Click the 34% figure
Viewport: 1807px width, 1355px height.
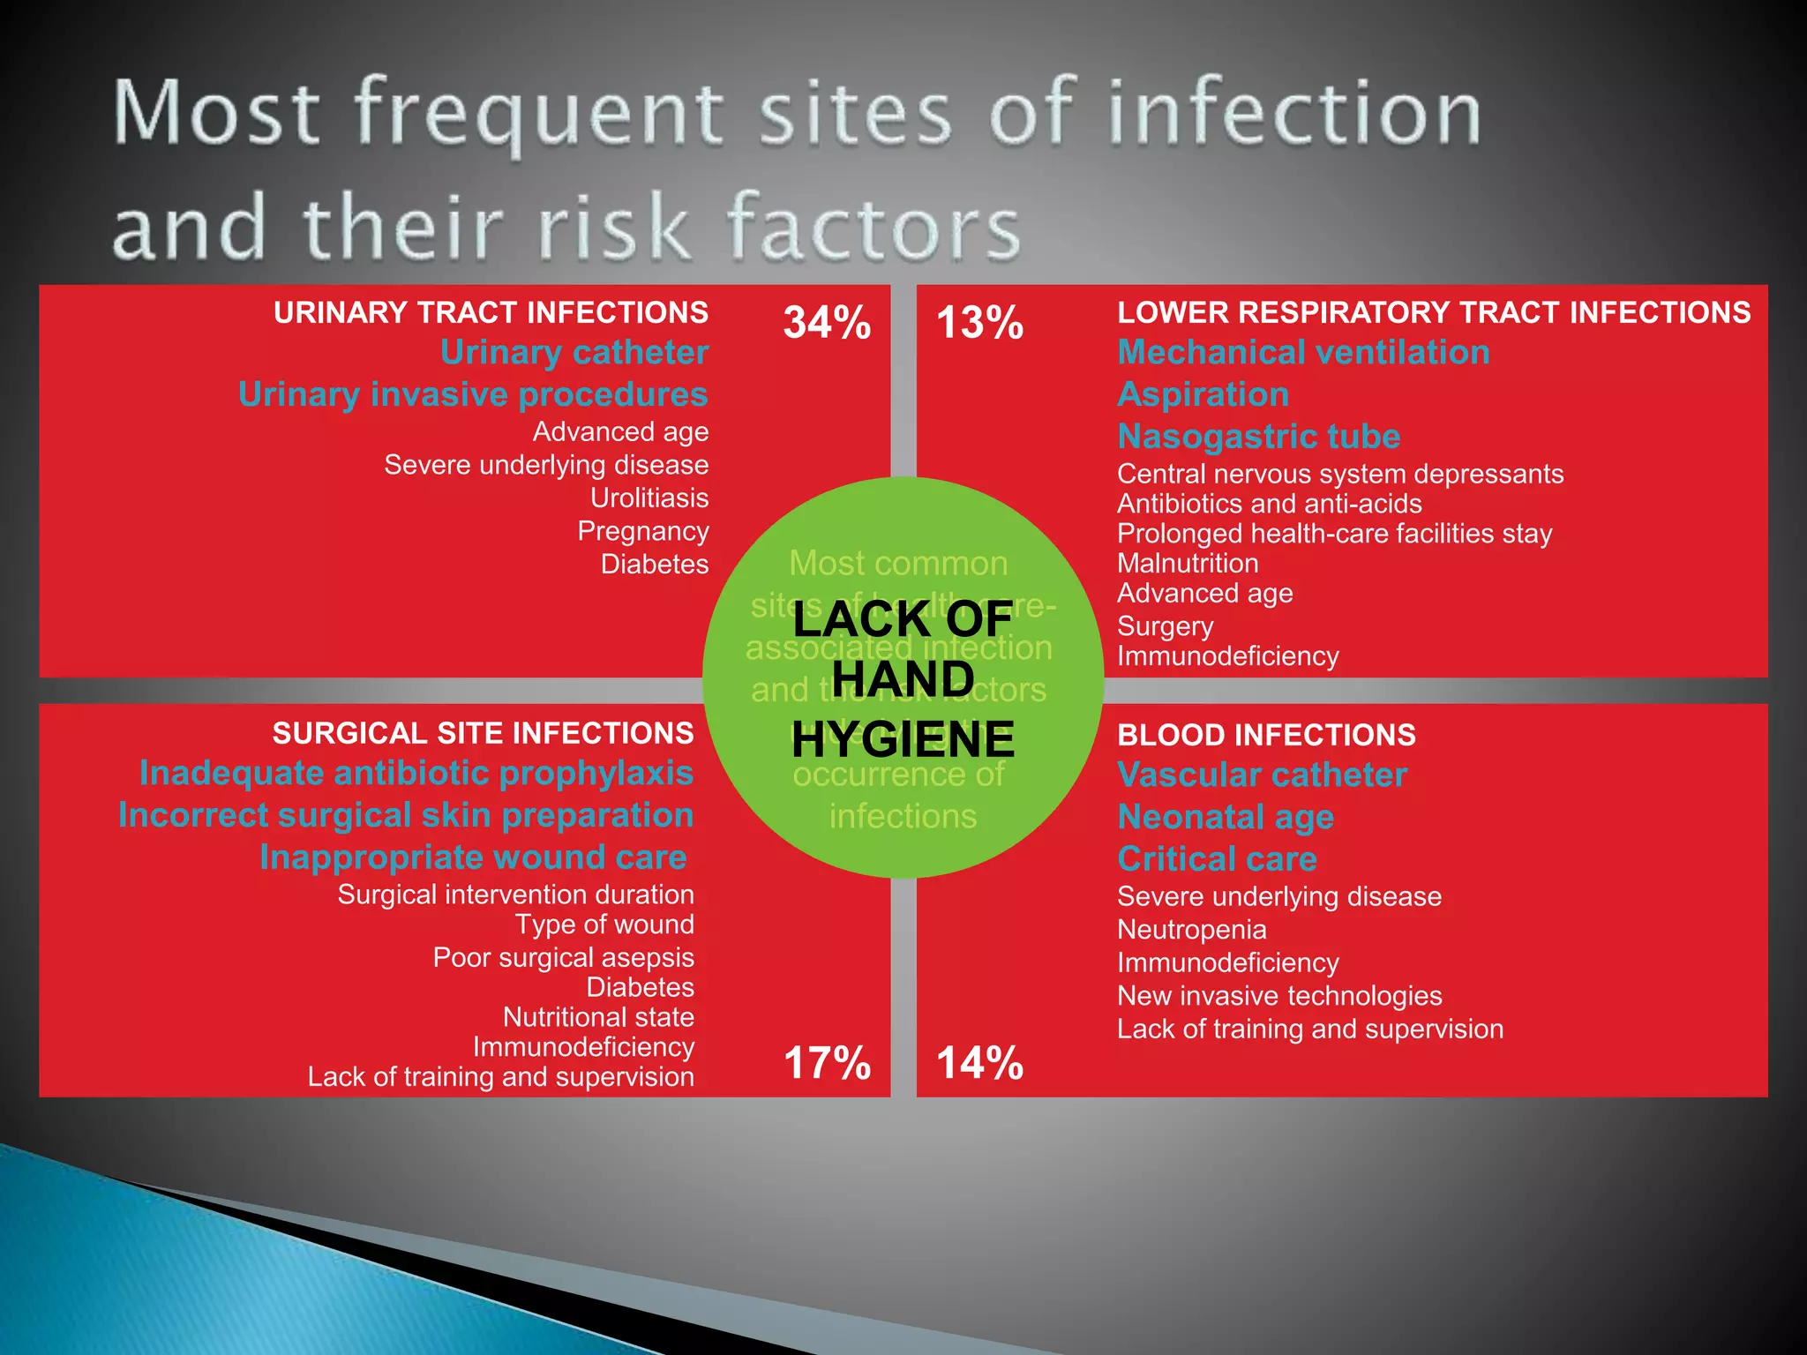coord(827,323)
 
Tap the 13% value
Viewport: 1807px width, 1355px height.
coord(979,323)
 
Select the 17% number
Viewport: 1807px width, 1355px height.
coord(827,1063)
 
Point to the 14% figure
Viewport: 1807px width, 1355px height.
coord(979,1063)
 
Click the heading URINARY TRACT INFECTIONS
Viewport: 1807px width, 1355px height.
coord(491,313)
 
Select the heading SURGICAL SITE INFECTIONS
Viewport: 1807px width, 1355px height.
coord(483,734)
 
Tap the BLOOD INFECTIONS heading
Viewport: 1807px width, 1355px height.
coord(1266,736)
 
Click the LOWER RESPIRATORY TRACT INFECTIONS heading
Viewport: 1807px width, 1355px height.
coord(1434,313)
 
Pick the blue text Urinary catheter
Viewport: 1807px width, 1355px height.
coord(574,353)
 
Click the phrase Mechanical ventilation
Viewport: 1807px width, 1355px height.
coord(1303,353)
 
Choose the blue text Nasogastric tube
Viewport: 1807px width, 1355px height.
coord(1258,437)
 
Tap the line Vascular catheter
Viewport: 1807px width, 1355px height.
coord(1262,775)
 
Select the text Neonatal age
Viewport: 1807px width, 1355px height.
coord(1226,818)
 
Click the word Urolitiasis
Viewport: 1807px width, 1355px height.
coord(649,498)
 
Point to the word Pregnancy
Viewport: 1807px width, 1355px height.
coord(643,532)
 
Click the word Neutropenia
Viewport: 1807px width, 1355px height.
coord(1191,930)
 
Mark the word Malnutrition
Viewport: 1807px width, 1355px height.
coord(1188,564)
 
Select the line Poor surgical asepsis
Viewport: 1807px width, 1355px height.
coord(563,958)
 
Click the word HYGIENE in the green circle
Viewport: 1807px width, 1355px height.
coord(903,739)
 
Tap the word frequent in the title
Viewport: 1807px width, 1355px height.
coord(539,115)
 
